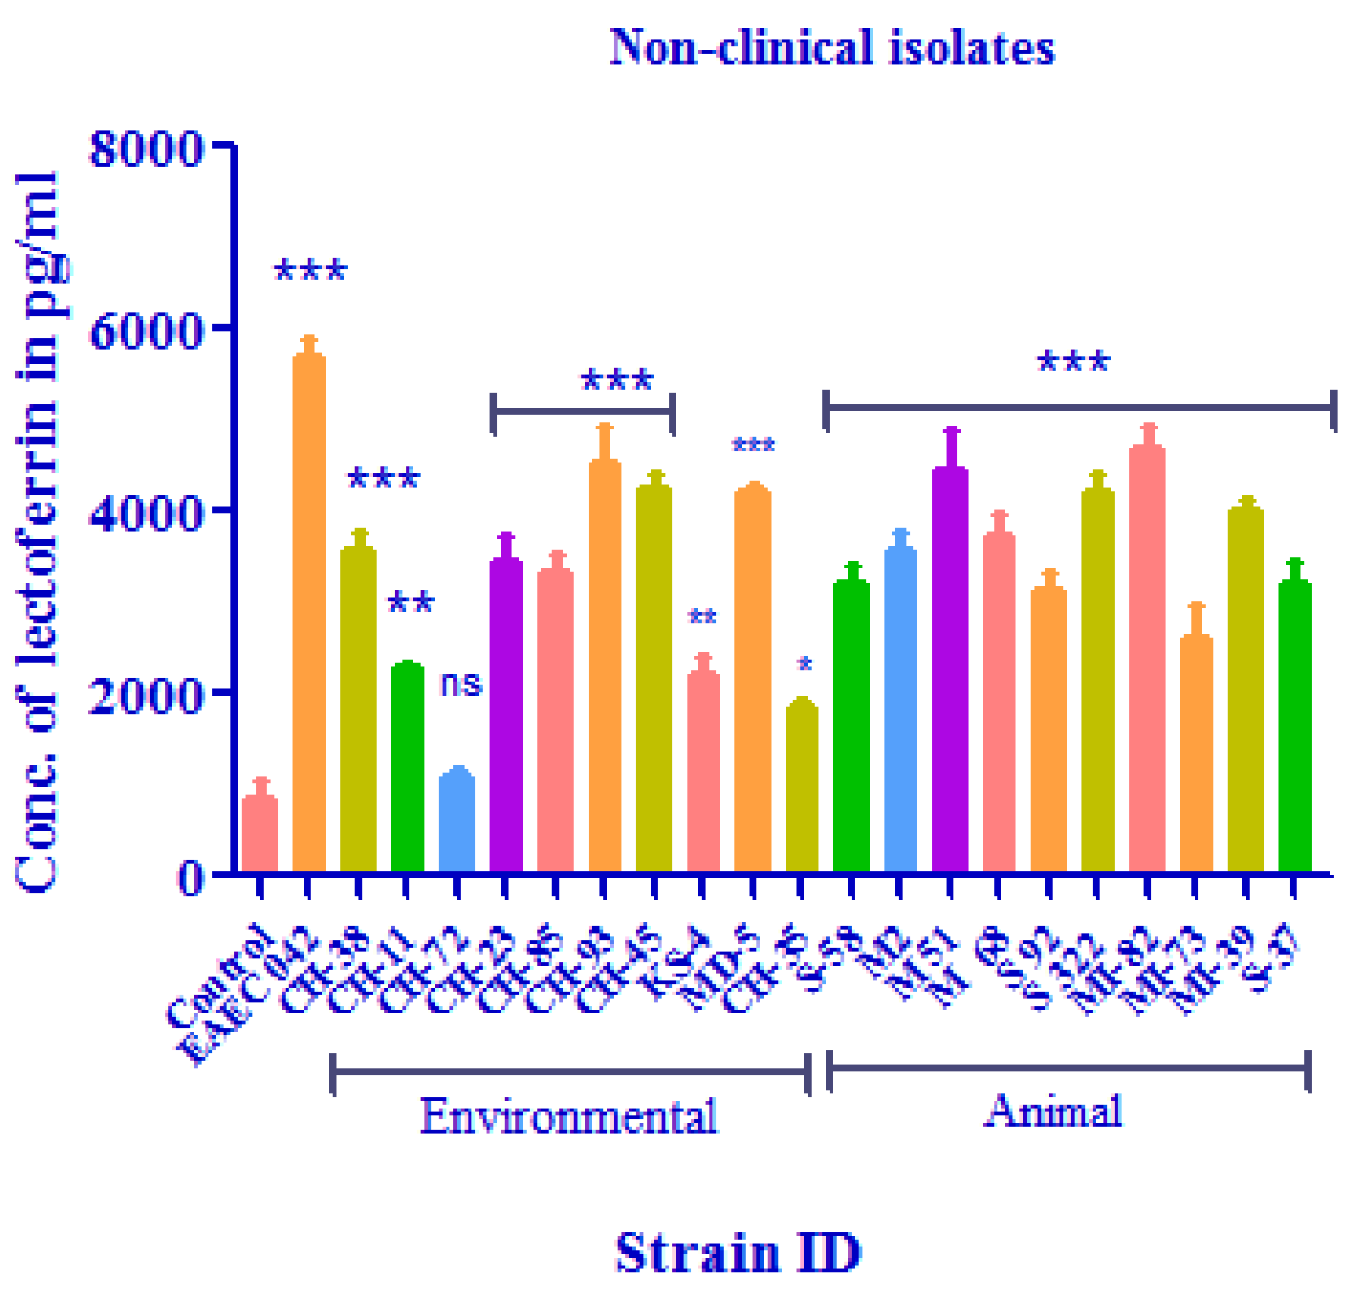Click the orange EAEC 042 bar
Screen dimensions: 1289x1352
pyautogui.click(x=308, y=614)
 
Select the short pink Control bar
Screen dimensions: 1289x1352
pyautogui.click(x=260, y=834)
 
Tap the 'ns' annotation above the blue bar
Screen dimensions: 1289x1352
pyautogui.click(x=460, y=684)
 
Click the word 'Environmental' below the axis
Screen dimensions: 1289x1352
pyautogui.click(x=569, y=1115)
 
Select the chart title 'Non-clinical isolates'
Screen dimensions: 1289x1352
pyautogui.click(x=831, y=47)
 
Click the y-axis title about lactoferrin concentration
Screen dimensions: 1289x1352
pyautogui.click(x=38, y=531)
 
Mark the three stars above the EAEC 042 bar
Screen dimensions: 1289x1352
pyautogui.click(x=310, y=271)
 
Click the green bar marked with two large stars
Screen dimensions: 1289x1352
pyautogui.click(x=407, y=766)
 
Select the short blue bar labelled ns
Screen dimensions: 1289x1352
pyautogui.click(x=457, y=823)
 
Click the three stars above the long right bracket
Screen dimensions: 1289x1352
pyautogui.click(x=1073, y=362)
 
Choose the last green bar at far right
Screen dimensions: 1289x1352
pyautogui.click(x=1294, y=728)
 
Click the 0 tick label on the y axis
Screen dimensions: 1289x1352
pyautogui.click(x=189, y=877)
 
